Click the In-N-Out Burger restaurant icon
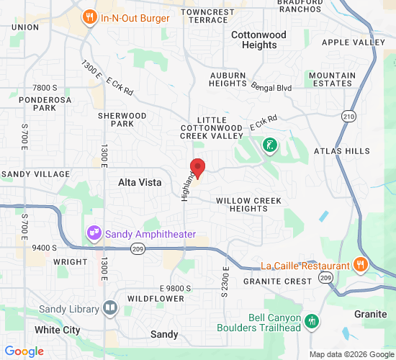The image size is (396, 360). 89,17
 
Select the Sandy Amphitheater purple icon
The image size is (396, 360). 94,233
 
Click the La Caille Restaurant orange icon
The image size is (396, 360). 360,265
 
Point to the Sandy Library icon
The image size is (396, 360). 109,309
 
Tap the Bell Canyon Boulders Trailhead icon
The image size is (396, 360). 312,321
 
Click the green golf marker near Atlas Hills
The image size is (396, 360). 269,146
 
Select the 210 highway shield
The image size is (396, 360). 349,116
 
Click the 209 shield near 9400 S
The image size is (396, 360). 138,248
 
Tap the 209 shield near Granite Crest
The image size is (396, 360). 326,277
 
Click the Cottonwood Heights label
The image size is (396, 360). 258,40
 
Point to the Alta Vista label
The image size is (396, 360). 140,183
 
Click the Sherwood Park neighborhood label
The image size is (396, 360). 122,120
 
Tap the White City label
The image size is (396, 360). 58,330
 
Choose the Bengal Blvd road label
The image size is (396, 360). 271,87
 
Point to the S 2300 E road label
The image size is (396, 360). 225,281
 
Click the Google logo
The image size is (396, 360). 24,351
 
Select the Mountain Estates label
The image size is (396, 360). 332,79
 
